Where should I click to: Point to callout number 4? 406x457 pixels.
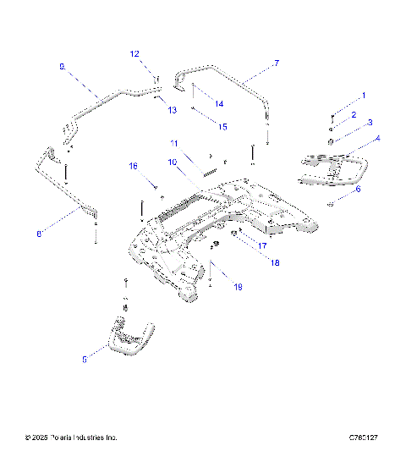[377, 138]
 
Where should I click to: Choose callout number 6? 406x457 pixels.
[358, 190]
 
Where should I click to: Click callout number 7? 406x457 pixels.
[276, 63]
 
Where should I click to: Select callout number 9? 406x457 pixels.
[62, 65]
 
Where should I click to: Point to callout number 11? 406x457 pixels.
[173, 142]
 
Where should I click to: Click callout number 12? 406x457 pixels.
[134, 53]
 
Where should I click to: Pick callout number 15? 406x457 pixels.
[223, 126]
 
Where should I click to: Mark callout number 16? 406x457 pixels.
[133, 167]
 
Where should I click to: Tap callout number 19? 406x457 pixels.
[238, 288]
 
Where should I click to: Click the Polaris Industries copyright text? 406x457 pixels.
[72, 438]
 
